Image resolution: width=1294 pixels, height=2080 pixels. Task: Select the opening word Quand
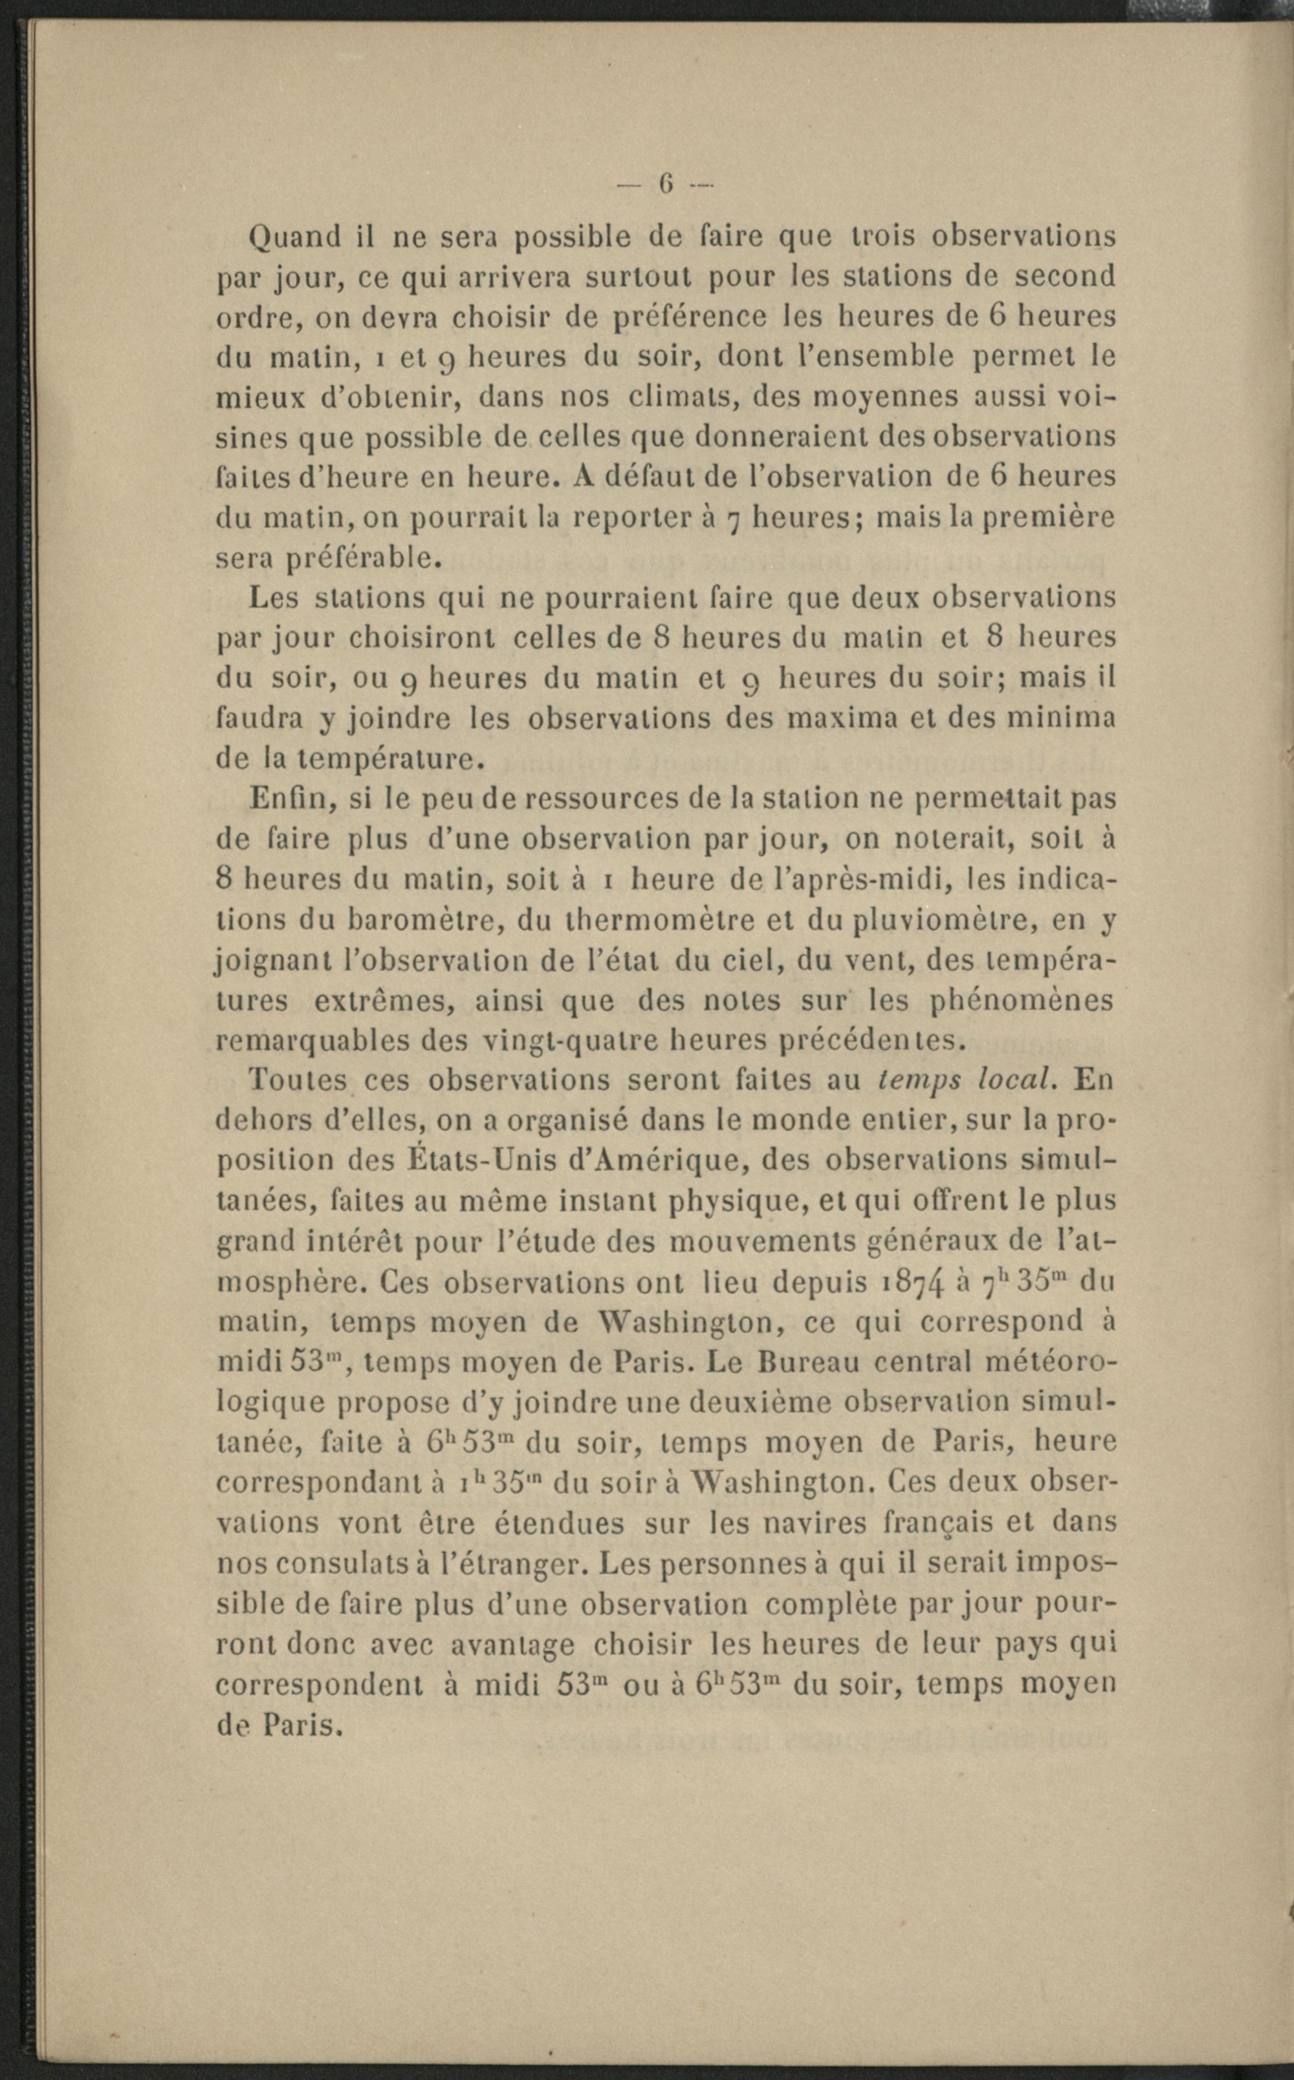pyautogui.click(x=294, y=237)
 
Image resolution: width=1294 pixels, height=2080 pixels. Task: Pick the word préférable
pyautogui.click(x=363, y=560)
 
